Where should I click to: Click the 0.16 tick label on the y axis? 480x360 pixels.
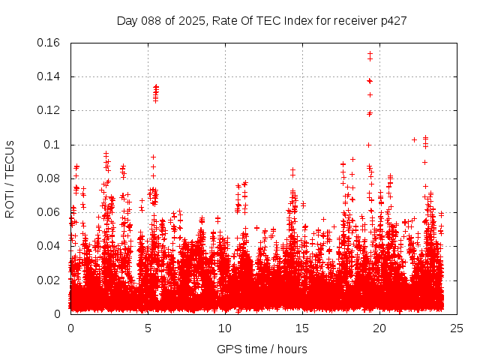click(49, 43)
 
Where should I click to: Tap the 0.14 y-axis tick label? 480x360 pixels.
click(49, 76)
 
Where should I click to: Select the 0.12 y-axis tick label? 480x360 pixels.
click(49, 110)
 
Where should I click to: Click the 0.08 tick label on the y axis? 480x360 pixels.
click(49, 178)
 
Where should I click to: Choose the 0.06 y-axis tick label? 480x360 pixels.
click(49, 212)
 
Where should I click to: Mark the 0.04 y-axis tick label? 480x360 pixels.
click(49, 246)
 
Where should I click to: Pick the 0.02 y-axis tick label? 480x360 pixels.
click(49, 280)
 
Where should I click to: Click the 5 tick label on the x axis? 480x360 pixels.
click(148, 328)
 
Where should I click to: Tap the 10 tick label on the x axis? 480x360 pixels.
click(225, 328)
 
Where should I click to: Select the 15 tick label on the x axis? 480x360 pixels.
click(302, 328)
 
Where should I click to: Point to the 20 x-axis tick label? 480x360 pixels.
click(379, 328)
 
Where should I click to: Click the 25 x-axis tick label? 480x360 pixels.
click(457, 328)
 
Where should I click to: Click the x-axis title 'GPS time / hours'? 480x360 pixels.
click(262, 349)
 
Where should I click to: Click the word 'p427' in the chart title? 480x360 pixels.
click(393, 20)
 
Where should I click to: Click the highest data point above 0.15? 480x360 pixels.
click(370, 53)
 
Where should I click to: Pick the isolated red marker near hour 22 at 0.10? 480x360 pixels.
click(414, 139)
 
